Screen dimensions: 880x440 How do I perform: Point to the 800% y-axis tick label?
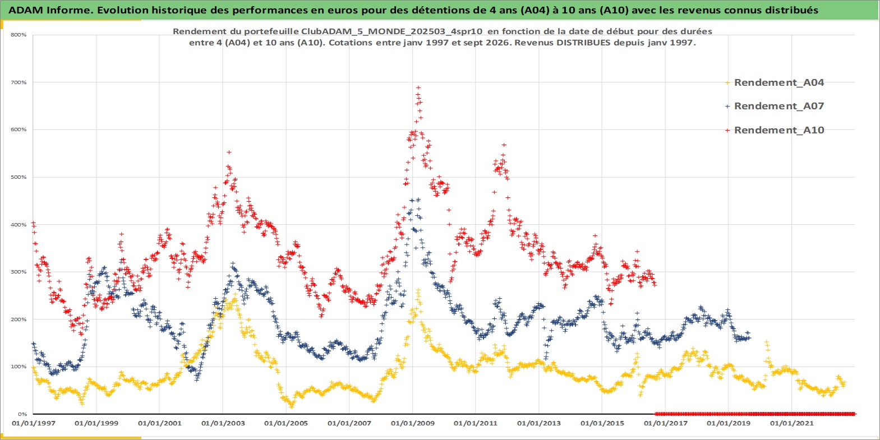[x=19, y=35]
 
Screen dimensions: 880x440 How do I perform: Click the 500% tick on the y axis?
[x=19, y=177]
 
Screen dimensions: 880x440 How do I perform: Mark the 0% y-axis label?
[x=22, y=414]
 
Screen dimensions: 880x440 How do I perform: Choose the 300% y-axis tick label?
[x=19, y=272]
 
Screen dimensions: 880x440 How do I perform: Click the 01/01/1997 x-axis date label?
[x=34, y=424]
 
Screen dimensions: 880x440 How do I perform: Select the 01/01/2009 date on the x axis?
[x=412, y=424]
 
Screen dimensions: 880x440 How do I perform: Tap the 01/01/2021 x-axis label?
[x=791, y=424]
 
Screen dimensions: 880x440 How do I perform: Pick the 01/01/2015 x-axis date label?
[x=602, y=424]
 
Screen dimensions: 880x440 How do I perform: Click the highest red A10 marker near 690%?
[x=418, y=87]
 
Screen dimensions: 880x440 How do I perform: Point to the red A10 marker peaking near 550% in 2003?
[x=229, y=152]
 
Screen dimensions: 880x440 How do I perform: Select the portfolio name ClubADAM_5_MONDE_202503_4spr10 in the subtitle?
[x=391, y=31]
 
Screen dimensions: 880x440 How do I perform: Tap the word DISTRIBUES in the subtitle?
[x=582, y=43]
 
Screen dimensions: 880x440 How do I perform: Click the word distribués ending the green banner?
[x=793, y=10]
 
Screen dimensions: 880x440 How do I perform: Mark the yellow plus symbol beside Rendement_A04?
[x=727, y=83]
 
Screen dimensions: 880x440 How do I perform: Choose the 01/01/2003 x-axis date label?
[x=223, y=424]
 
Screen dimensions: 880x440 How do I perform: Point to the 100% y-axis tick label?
[x=19, y=367]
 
